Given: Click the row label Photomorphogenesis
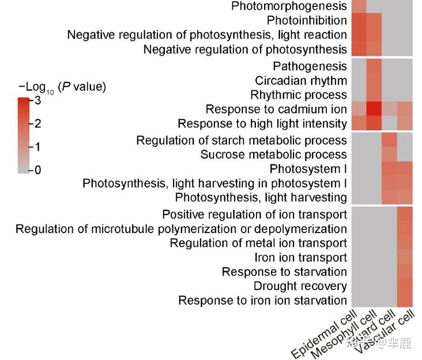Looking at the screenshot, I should tap(289, 6).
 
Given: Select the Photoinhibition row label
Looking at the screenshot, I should tap(307, 21).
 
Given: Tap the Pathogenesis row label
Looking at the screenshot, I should tap(310, 66).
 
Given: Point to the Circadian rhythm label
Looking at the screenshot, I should tap(301, 81).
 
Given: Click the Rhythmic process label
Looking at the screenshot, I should tap(298, 95).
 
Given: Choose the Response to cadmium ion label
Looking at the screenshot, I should tap(276, 109).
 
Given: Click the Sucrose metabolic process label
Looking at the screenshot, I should tap(273, 155).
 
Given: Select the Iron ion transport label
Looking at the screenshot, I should tap(300, 257).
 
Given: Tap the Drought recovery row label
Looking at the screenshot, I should tap(300, 286).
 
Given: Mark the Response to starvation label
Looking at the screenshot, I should tap(284, 272).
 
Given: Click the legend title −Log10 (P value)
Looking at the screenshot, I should tap(62, 88).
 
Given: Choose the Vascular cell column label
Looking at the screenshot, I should tap(385, 332).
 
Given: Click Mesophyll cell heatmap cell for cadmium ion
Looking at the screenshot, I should tap(373, 109).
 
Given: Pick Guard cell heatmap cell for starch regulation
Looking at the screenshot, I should tap(389, 140).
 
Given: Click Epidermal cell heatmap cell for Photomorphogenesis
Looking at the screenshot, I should tap(358, 6).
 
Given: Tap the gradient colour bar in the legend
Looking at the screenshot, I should tap(24, 136).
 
